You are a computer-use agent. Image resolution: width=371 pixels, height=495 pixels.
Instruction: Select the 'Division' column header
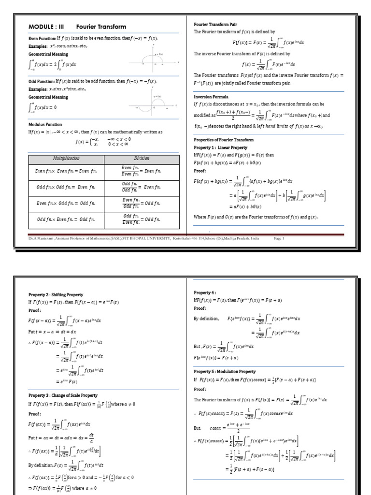point(142,159)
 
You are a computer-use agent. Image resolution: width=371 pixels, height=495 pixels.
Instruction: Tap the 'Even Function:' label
point(42,38)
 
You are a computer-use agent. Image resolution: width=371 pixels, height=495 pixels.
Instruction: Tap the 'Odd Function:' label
point(42,82)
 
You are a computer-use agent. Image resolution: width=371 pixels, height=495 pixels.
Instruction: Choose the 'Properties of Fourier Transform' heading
point(223,140)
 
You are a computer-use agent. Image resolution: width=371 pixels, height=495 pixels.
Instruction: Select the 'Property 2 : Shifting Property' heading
point(56,294)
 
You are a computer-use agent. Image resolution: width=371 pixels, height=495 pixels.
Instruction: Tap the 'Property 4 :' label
point(205,292)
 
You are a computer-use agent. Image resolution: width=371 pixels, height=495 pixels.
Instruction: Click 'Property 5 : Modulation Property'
point(225,372)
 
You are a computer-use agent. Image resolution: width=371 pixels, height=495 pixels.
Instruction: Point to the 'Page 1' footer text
point(279,238)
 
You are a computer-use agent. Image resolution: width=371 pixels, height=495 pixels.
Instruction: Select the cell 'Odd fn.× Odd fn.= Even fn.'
point(66,187)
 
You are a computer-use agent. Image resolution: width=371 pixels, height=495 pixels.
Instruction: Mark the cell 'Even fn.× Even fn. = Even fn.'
point(66,171)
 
